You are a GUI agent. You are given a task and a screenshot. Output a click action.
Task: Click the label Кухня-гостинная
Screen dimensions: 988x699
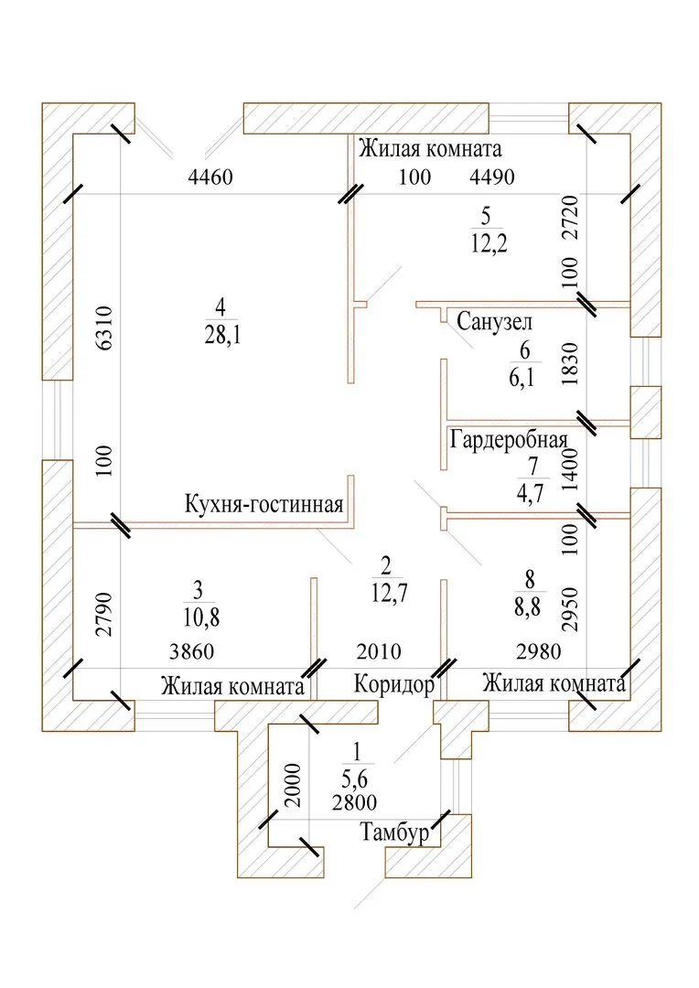tap(263, 505)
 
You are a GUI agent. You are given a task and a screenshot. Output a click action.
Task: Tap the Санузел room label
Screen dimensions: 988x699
tap(494, 322)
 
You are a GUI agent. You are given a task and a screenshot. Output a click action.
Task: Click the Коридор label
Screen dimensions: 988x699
tap(393, 684)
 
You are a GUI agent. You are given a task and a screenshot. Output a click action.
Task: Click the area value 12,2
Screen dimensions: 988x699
tap(486, 243)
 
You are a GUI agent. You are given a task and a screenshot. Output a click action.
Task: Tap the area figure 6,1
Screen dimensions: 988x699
tap(524, 377)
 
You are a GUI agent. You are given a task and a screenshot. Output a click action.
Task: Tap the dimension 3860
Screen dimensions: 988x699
tap(194, 652)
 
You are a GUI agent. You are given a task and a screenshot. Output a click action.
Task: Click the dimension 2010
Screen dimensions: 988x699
tap(379, 652)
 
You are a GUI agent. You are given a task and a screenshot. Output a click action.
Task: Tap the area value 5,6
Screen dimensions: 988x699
tap(357, 780)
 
